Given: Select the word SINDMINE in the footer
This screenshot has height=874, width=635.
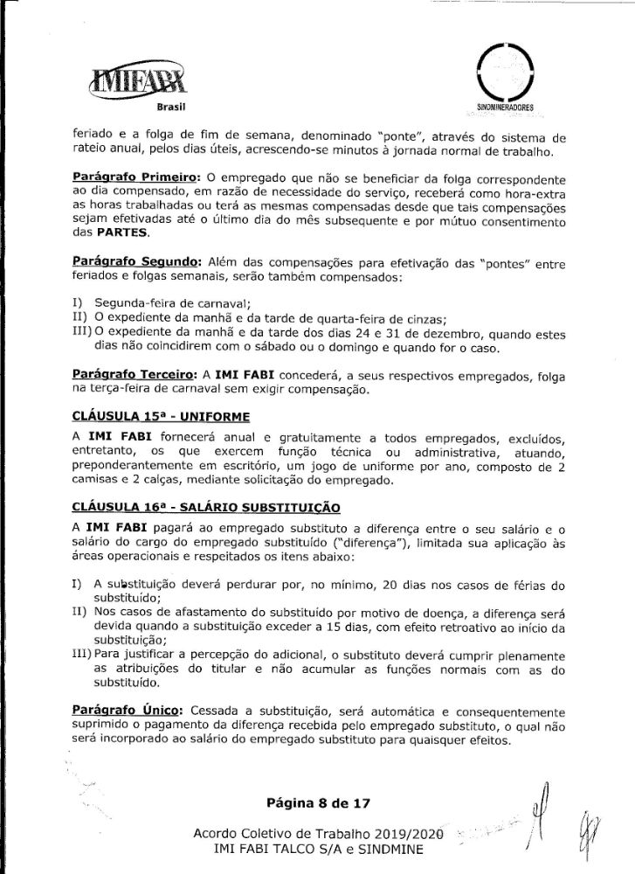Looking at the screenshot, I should pyautogui.click(x=401, y=848).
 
